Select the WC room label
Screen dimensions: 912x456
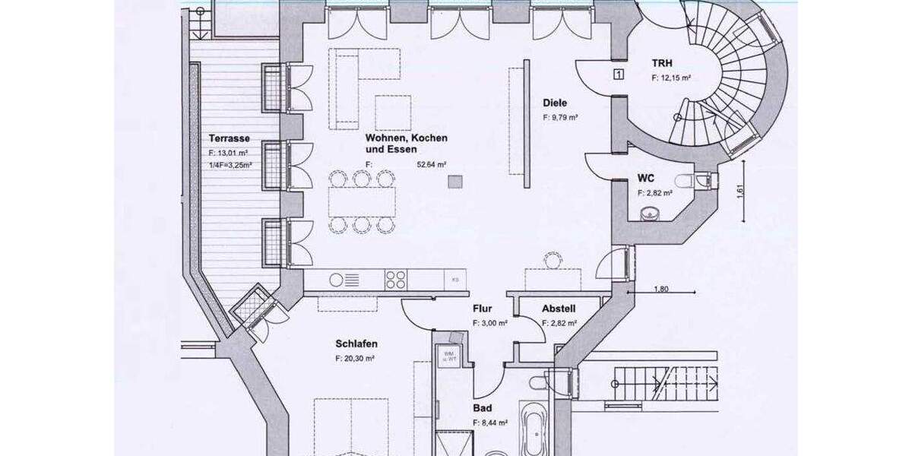point(647,177)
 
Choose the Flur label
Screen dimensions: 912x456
point(483,309)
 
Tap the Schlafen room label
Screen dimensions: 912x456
point(356,344)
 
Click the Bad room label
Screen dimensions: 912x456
point(482,408)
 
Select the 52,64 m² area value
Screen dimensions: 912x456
point(429,164)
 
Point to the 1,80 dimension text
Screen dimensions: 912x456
point(662,289)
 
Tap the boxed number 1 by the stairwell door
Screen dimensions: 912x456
point(619,74)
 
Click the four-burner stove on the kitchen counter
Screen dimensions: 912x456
point(395,280)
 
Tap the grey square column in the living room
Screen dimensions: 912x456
point(455,181)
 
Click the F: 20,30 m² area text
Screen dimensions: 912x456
point(356,358)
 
